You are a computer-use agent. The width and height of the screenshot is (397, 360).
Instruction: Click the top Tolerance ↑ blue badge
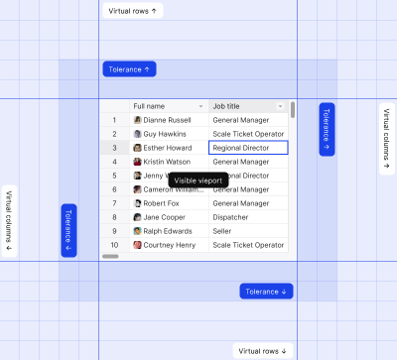(x=129, y=69)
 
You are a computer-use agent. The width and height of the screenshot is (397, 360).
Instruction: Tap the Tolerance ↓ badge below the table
(x=266, y=292)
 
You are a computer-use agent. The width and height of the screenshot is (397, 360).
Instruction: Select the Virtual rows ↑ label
(x=132, y=10)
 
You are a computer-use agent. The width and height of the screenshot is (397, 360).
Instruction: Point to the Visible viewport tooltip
(x=198, y=180)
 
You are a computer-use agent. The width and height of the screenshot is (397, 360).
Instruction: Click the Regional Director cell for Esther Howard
(x=247, y=148)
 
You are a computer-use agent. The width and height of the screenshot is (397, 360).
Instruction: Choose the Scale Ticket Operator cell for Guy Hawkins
(x=247, y=134)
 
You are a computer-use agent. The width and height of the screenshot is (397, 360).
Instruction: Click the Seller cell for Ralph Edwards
(x=222, y=231)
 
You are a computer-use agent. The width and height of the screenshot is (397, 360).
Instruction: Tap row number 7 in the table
(x=114, y=203)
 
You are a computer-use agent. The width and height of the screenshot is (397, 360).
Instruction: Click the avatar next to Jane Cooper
(x=138, y=217)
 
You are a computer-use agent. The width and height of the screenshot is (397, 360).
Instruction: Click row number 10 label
(x=114, y=245)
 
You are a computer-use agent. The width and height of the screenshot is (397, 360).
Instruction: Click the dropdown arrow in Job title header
(x=281, y=106)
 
